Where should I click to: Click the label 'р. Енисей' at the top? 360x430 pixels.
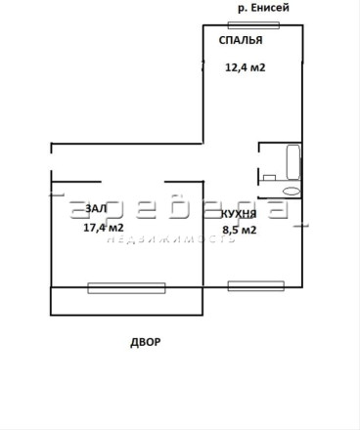(x=263, y=8)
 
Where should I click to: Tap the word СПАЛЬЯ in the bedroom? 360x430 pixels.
(x=241, y=40)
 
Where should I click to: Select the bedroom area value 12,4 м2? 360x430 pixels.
(x=246, y=67)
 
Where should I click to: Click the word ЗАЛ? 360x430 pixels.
(x=96, y=208)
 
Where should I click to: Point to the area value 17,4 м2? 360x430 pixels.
(x=104, y=227)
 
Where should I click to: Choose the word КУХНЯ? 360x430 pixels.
(x=239, y=214)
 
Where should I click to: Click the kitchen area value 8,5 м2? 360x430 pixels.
(x=240, y=230)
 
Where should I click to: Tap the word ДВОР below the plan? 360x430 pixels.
(x=146, y=342)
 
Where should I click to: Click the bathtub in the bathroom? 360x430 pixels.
(x=293, y=162)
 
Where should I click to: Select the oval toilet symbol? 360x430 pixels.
(x=292, y=192)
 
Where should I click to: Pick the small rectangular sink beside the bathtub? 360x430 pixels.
(x=270, y=178)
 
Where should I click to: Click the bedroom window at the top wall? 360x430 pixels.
(x=253, y=25)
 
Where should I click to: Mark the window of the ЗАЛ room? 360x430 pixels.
(x=126, y=288)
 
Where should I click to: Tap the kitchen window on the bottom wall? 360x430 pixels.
(x=256, y=286)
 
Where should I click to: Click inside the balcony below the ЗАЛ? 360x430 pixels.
(x=126, y=304)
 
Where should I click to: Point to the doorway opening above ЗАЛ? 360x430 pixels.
(x=132, y=182)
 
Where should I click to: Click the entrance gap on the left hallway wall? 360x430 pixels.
(x=51, y=161)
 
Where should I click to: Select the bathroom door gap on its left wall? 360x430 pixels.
(x=259, y=160)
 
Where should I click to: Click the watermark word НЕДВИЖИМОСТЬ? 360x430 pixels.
(x=171, y=239)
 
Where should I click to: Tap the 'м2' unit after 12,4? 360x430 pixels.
(x=257, y=67)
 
